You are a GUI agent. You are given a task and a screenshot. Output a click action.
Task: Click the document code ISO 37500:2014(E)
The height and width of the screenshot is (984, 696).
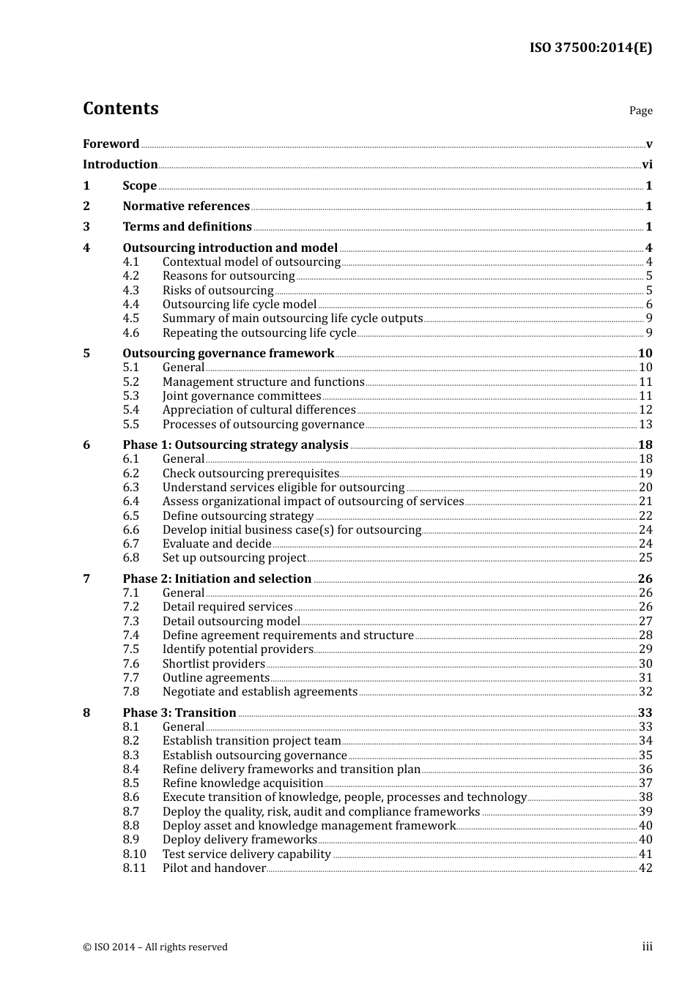click(591, 48)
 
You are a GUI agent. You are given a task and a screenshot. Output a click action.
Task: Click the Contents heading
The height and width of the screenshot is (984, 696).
click(120, 108)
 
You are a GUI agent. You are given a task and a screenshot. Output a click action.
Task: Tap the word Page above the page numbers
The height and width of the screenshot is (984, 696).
click(640, 111)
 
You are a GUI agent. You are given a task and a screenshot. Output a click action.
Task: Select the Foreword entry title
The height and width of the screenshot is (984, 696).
click(111, 144)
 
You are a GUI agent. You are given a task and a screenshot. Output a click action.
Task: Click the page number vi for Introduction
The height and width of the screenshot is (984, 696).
click(647, 165)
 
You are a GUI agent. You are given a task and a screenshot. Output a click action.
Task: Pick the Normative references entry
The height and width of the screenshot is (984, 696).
click(186, 206)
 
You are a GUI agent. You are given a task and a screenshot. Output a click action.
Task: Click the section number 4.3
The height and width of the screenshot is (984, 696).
click(130, 291)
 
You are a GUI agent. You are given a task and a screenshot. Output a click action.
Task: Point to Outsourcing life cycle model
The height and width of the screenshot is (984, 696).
click(240, 305)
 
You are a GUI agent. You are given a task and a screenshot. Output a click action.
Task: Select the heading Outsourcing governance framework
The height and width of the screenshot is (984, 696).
click(228, 354)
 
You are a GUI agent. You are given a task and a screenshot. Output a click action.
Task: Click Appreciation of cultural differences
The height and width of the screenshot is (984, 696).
click(259, 410)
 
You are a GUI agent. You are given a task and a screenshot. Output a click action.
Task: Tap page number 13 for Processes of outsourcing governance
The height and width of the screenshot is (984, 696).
click(645, 425)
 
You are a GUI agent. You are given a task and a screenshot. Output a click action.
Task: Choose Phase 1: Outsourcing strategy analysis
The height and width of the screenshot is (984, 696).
click(235, 445)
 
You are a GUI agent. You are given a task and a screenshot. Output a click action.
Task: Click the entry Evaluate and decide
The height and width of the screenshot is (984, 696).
click(217, 544)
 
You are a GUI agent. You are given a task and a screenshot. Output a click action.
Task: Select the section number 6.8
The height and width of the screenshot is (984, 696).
click(130, 558)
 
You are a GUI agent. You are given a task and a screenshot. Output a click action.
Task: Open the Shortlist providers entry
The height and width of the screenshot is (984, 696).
click(213, 664)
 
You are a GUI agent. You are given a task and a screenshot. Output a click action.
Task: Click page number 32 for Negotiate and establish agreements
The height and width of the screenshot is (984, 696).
click(645, 692)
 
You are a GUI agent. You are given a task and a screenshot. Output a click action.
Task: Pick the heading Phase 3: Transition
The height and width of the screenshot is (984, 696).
click(179, 713)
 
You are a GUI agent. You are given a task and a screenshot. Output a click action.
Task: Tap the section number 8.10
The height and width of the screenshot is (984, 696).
click(134, 854)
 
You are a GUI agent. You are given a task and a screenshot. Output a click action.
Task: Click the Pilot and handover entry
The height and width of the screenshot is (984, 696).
click(214, 868)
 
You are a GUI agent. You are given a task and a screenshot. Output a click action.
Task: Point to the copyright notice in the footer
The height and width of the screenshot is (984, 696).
click(155, 947)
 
